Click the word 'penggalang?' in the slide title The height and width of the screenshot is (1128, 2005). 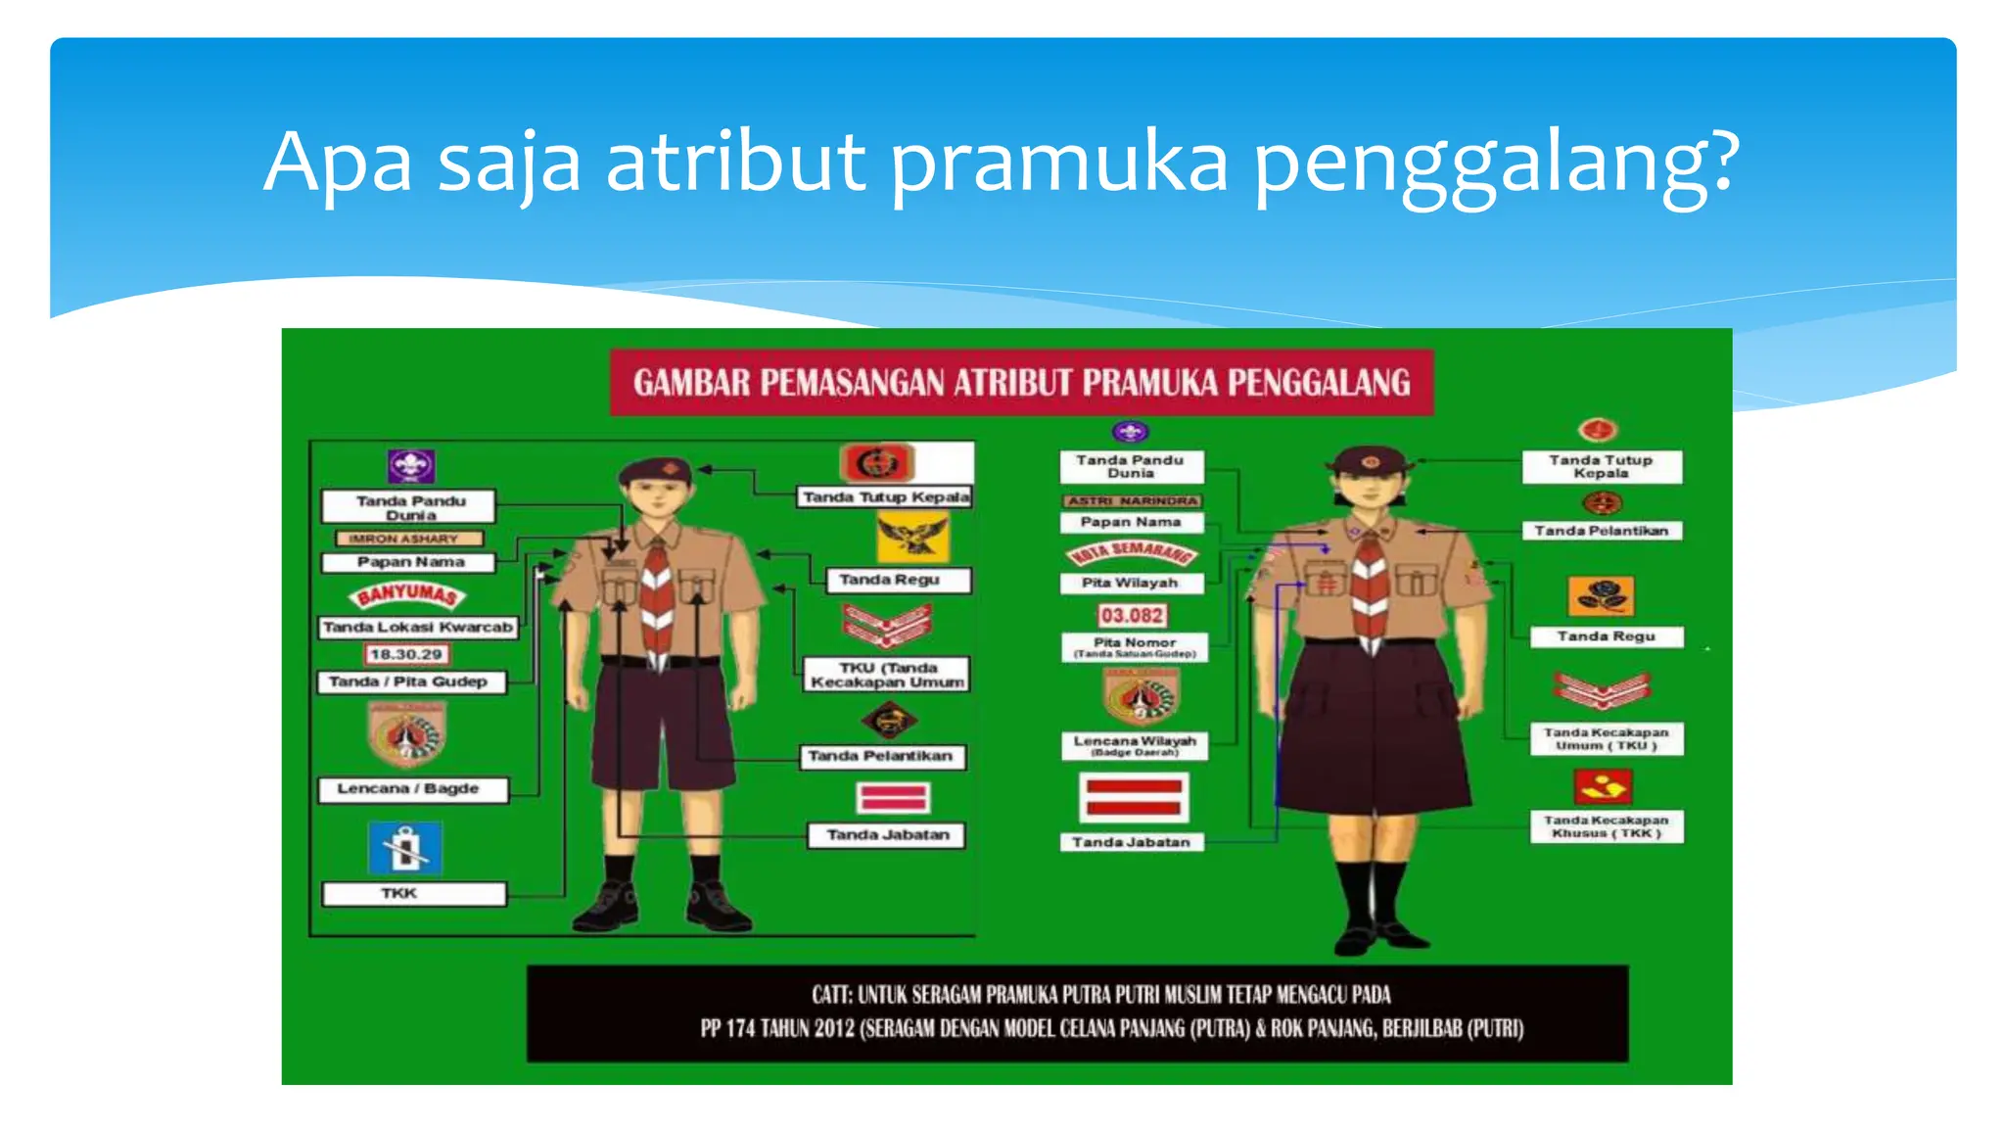coord(1496,164)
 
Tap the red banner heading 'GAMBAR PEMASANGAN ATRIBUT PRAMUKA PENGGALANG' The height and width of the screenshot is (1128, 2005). coord(1021,382)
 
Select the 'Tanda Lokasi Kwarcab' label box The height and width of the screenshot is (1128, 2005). coord(418,627)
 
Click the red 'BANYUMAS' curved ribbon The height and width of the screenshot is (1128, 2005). coord(407,594)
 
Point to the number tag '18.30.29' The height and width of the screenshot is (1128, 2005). coord(406,654)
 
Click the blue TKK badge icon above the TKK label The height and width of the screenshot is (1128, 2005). coord(404,848)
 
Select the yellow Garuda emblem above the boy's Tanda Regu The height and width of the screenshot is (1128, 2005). coord(912,538)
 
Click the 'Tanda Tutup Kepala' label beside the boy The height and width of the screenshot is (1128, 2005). coord(886,497)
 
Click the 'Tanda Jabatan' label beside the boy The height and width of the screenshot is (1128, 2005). coord(887,835)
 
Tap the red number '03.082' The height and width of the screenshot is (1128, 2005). coord(1132,616)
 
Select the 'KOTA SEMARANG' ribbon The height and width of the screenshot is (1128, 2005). coord(1131,554)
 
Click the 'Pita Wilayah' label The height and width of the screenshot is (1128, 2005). coord(1130,583)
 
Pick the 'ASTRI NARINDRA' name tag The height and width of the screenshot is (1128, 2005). coord(1132,501)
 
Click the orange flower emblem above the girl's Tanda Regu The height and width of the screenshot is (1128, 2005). coord(1602,595)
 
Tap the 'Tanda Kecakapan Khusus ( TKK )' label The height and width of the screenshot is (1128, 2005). coord(1606,827)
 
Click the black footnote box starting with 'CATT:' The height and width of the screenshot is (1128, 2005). coord(1077,1012)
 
